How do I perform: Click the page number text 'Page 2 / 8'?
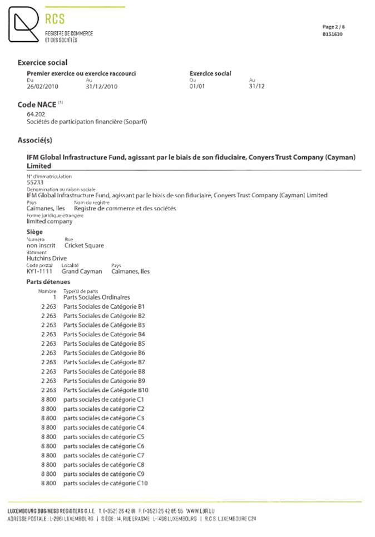[x=334, y=27]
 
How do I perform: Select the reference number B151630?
[x=333, y=34]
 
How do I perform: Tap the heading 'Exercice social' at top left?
[x=42, y=63]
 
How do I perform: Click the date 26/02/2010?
[x=42, y=86]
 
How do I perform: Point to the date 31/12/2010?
[x=102, y=86]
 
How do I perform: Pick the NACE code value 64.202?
[x=36, y=115]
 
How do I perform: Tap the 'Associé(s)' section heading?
[x=35, y=140]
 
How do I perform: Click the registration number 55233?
[x=34, y=182]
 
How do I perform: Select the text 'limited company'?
[x=50, y=221]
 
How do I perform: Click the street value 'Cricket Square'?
[x=84, y=245]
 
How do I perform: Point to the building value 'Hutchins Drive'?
[x=47, y=258]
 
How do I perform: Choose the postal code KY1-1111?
[x=40, y=271]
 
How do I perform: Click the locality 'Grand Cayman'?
[x=82, y=271]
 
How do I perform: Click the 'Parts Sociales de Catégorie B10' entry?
[x=106, y=390]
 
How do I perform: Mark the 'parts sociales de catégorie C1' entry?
[x=104, y=400]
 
